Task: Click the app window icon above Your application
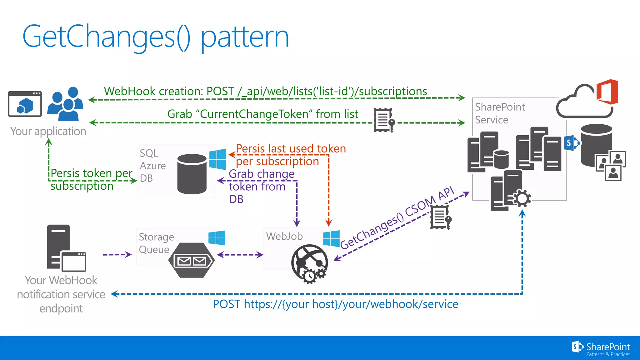click(x=25, y=104)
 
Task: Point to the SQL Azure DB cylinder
click(x=192, y=174)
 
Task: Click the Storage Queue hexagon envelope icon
click(x=191, y=260)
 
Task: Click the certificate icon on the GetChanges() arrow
click(x=441, y=217)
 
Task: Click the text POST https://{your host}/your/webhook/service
click(x=335, y=304)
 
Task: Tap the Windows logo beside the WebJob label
click(x=332, y=238)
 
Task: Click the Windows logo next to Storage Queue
click(x=217, y=238)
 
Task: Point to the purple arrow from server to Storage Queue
click(x=117, y=255)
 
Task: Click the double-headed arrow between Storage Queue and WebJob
click(x=240, y=255)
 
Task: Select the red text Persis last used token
click(x=291, y=149)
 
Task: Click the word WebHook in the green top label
click(x=129, y=91)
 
